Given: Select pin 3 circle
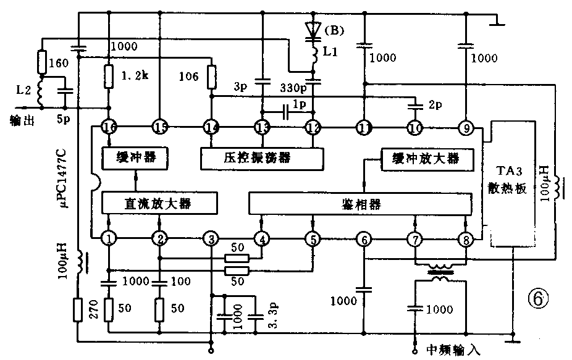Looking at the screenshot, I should [x=211, y=238].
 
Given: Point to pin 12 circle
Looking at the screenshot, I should [x=313, y=127].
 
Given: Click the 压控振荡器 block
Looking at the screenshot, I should [x=263, y=158].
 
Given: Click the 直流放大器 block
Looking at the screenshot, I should [x=159, y=202].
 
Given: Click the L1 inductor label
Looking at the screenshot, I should [x=330, y=54].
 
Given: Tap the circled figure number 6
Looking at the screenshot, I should [x=537, y=299].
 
